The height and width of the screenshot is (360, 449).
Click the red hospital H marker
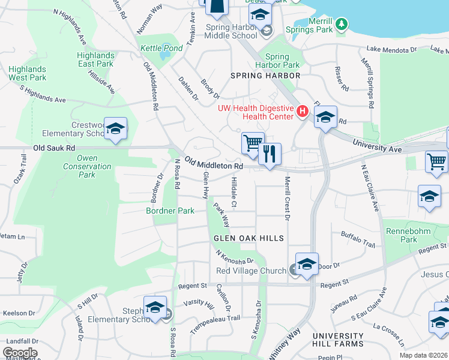[302, 111]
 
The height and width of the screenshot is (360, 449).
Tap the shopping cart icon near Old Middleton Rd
[253, 143]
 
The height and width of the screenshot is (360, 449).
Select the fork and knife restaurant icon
[270, 154]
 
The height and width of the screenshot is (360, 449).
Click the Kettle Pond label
[152, 48]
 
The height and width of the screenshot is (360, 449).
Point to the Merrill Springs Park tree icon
[342, 24]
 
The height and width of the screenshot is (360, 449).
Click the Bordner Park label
[170, 211]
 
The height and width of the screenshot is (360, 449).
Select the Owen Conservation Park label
[87, 167]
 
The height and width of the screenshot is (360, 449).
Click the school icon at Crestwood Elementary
[115, 128]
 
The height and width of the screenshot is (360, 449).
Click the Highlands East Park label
[95, 59]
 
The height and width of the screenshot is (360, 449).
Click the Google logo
[20, 353]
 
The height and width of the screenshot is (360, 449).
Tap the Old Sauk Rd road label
[54, 148]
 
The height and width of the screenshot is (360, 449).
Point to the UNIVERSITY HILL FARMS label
[337, 340]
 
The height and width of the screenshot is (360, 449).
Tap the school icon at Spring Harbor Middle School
[260, 14]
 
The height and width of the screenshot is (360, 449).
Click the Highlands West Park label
[27, 73]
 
